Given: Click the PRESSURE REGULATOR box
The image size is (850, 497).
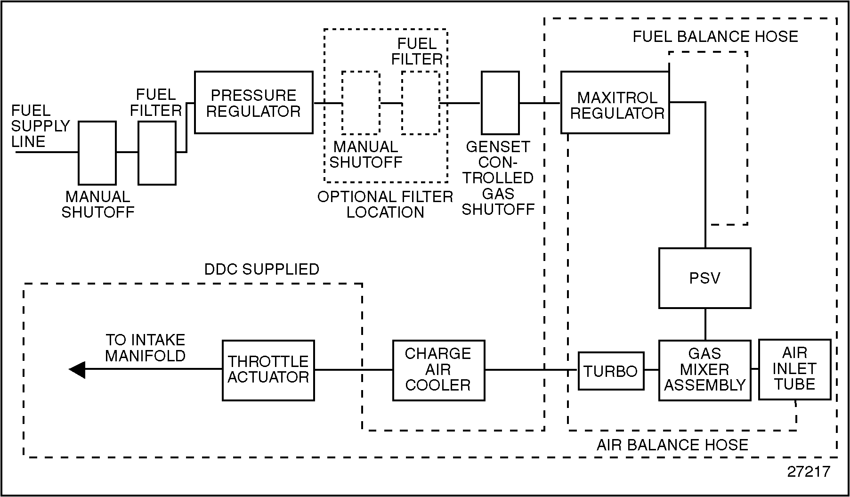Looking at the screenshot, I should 253,103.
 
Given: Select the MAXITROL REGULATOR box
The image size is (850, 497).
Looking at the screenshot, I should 615,103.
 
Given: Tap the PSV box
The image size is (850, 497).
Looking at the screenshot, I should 704,278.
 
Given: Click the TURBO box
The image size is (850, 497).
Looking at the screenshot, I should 611,371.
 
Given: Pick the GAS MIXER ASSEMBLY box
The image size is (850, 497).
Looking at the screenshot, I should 704,370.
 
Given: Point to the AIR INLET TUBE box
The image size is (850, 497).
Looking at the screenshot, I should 794,369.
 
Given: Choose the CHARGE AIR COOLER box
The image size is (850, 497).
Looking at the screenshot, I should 438,370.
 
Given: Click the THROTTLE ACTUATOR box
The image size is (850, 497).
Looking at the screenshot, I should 268,370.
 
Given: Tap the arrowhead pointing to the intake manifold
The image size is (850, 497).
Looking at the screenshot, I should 77,370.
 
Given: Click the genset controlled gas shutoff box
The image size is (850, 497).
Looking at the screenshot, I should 500,103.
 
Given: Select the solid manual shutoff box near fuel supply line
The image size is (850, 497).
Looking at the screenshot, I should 97,153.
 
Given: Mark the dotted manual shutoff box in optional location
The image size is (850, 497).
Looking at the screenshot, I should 361,103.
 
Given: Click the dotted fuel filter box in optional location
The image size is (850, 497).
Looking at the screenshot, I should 420,103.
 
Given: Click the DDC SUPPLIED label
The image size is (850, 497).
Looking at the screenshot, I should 262,269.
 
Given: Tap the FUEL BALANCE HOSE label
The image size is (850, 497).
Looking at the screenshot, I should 715,37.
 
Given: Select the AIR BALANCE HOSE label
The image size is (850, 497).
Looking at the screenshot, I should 672,445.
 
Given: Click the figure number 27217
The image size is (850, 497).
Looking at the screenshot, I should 808,472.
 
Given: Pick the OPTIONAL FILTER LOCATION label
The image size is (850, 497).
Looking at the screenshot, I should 385,204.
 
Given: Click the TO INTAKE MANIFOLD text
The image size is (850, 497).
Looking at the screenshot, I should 145,348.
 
